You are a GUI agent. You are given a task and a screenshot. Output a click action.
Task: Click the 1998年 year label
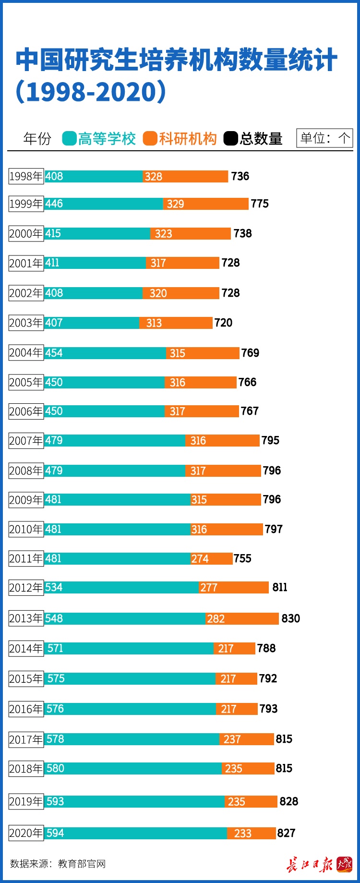click(x=26, y=176)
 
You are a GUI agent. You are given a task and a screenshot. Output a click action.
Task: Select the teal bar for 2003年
click(x=92, y=323)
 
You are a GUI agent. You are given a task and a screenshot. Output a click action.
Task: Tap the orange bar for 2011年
click(x=211, y=558)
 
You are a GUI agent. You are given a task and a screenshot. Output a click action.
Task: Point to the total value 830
click(x=290, y=618)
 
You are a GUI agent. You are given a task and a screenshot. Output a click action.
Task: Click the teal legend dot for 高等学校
click(x=70, y=139)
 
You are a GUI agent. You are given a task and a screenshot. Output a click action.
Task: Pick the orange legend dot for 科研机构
click(x=150, y=139)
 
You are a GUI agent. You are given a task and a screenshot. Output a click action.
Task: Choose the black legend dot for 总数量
click(x=231, y=139)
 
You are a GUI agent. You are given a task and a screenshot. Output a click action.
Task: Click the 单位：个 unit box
click(x=324, y=138)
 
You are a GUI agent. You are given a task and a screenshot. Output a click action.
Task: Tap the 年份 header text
click(x=37, y=139)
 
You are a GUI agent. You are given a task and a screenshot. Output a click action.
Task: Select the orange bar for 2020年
click(x=252, y=833)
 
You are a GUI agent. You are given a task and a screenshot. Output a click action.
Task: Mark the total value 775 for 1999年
click(x=260, y=204)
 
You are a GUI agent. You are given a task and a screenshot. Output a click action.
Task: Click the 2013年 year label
click(x=26, y=618)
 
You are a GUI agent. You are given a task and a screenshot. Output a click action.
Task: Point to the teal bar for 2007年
click(x=115, y=440)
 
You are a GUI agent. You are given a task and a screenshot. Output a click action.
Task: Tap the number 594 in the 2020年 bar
click(x=55, y=833)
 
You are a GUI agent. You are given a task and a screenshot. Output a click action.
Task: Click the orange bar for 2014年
click(x=234, y=648)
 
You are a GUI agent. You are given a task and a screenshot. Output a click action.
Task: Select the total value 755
click(x=242, y=558)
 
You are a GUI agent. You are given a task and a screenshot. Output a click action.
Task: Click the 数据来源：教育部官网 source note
click(x=58, y=864)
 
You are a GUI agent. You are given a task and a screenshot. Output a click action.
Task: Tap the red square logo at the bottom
click(x=344, y=864)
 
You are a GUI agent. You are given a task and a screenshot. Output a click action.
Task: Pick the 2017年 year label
click(x=26, y=739)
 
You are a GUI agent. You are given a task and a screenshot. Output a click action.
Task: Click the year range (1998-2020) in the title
click(x=91, y=91)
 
